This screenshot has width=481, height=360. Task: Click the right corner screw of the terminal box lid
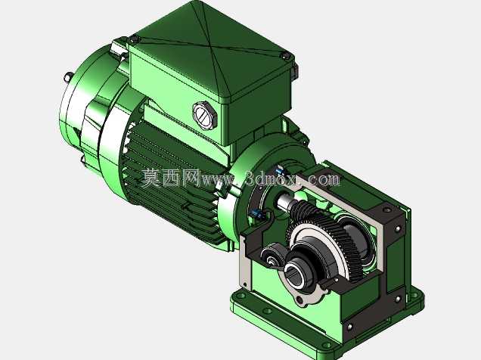point(285,56)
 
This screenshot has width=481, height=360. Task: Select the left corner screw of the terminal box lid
point(133,39)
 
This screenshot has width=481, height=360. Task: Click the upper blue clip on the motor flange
point(280,169)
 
